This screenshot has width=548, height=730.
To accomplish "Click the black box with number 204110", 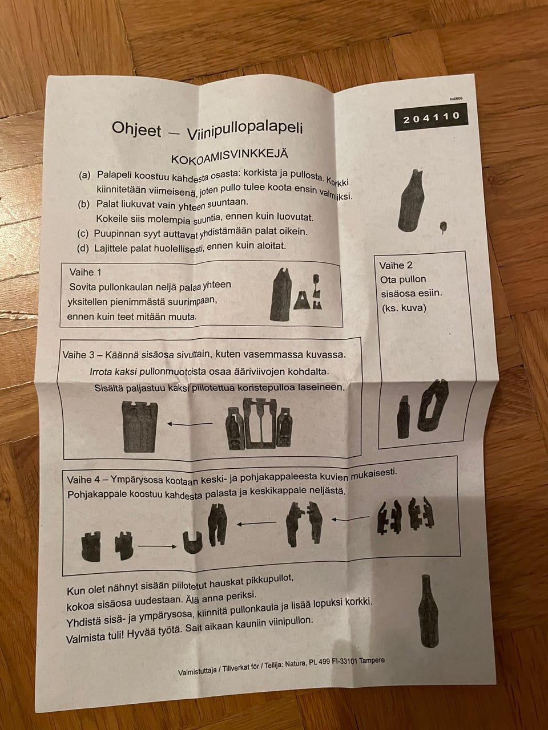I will tap(431, 119).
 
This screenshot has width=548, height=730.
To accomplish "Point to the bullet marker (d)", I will tap(83, 248).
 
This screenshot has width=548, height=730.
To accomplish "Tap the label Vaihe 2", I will tap(396, 266).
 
